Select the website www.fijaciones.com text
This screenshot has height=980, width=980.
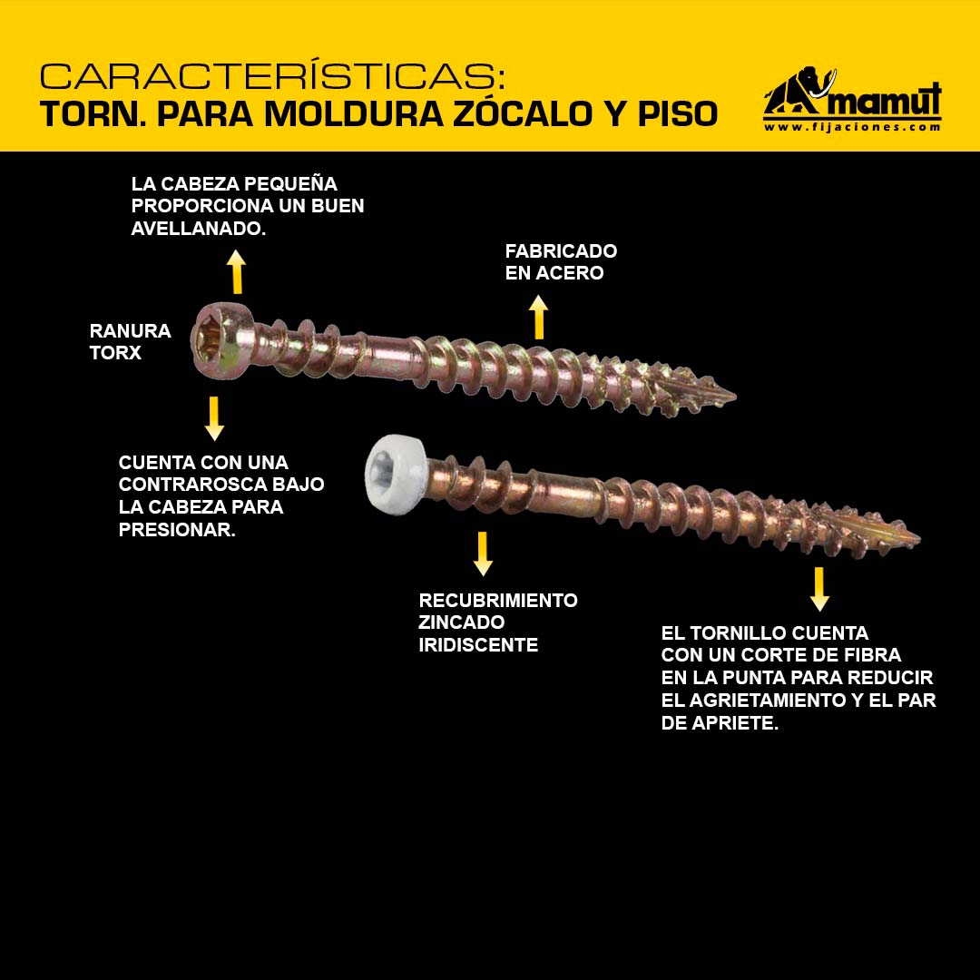[852, 127]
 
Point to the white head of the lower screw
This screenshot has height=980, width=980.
[396, 475]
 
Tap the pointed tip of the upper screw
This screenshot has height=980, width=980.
[735, 397]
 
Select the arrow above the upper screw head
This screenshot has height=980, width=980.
[236, 271]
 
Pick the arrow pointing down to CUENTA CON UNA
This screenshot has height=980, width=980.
[214, 418]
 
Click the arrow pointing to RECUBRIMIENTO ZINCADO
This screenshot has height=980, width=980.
[483, 554]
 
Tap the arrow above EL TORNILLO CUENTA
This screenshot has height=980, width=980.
[819, 589]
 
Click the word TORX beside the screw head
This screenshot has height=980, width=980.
[115, 352]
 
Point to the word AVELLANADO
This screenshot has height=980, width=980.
[197, 228]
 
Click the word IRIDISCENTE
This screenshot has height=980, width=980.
[478, 644]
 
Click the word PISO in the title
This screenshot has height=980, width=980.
[678, 113]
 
